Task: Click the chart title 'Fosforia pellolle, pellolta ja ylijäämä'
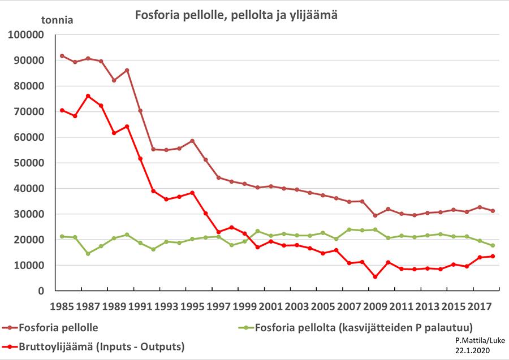(x=236, y=15)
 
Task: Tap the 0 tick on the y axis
(x=41, y=290)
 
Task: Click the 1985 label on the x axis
(x=62, y=308)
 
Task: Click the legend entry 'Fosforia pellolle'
(x=57, y=327)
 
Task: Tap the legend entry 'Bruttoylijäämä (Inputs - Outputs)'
(x=102, y=345)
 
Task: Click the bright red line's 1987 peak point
(x=88, y=96)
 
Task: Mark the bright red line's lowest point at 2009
(x=375, y=277)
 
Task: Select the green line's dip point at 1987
(x=88, y=254)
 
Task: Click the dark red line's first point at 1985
(x=62, y=56)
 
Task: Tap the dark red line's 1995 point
(x=192, y=141)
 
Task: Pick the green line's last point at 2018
(x=493, y=245)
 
